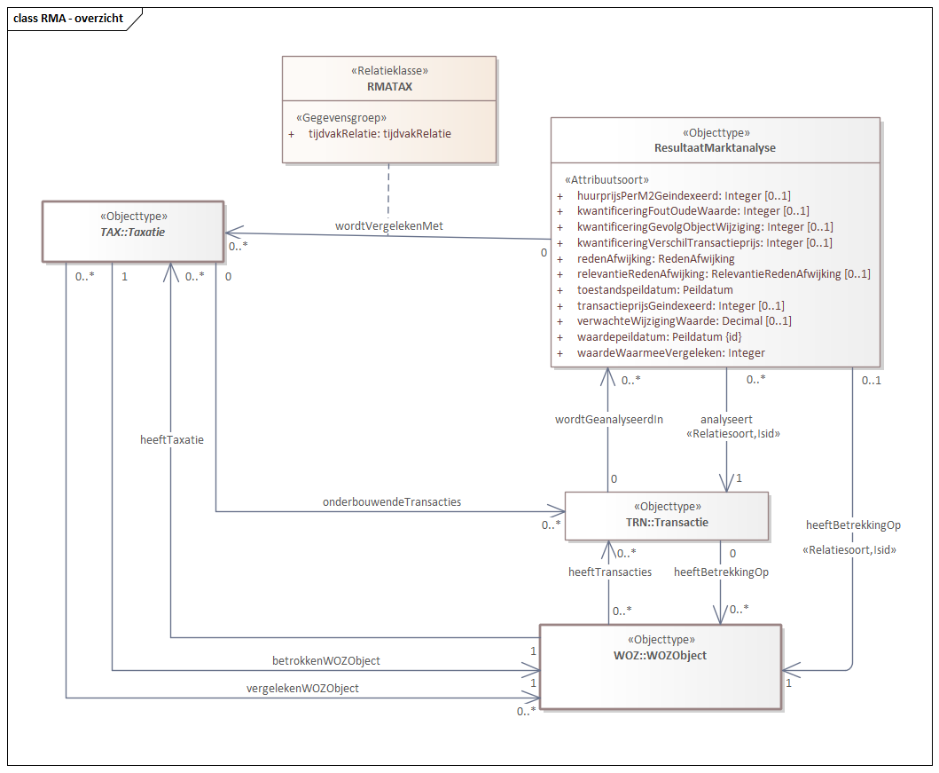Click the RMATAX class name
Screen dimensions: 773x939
click(x=389, y=86)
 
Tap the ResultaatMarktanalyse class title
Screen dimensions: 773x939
click(x=715, y=147)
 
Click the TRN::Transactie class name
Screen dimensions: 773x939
click(x=667, y=523)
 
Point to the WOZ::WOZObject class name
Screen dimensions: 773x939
click(x=661, y=655)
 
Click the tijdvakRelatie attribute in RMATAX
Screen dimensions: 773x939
click(x=379, y=134)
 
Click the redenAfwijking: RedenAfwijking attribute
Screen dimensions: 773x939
click(x=655, y=258)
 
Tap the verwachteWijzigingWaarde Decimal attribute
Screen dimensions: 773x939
click(x=684, y=321)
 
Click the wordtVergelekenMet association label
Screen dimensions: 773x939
click(x=388, y=226)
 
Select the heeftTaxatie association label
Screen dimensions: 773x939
click(x=172, y=439)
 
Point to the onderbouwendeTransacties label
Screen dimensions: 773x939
click(x=392, y=501)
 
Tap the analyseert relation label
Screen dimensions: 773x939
click(x=726, y=419)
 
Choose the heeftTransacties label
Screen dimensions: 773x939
click(x=609, y=572)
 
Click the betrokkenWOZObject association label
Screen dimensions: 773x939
click(x=326, y=661)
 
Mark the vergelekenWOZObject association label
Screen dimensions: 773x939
click(x=302, y=688)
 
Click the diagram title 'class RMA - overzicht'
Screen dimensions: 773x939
click(x=67, y=18)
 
